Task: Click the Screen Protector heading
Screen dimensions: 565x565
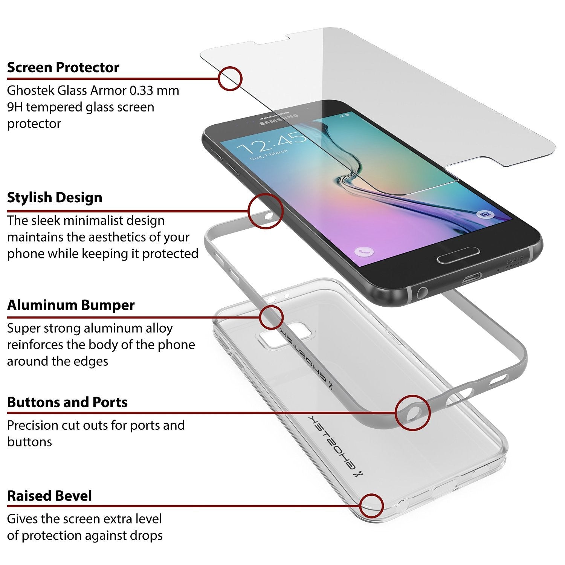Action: [x=63, y=67]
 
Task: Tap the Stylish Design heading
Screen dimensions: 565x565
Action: [x=55, y=197]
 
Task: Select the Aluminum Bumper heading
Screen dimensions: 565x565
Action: [x=71, y=305]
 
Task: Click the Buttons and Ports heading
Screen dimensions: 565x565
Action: [x=67, y=402]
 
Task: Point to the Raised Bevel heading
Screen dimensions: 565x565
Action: [x=49, y=496]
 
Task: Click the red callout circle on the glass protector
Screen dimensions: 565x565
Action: [x=230, y=78]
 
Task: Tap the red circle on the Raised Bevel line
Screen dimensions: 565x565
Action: [x=371, y=506]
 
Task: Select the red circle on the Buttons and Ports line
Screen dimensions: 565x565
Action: [x=413, y=413]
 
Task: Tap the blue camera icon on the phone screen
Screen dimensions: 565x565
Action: [x=486, y=214]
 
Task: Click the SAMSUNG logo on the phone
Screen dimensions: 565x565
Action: [x=279, y=119]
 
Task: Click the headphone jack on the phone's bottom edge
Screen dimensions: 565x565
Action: [x=422, y=292]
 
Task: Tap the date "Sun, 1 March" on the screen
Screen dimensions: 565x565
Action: [x=269, y=154]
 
